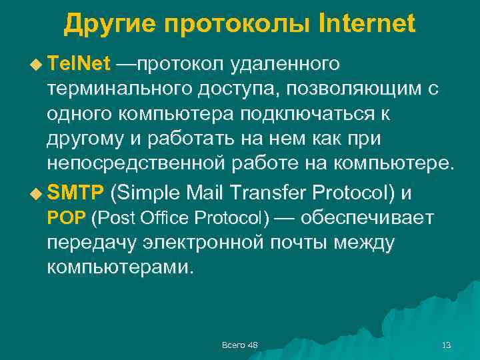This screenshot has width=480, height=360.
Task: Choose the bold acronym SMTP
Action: pyautogui.click(x=75, y=193)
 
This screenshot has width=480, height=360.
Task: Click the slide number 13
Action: pyautogui.click(x=447, y=344)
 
